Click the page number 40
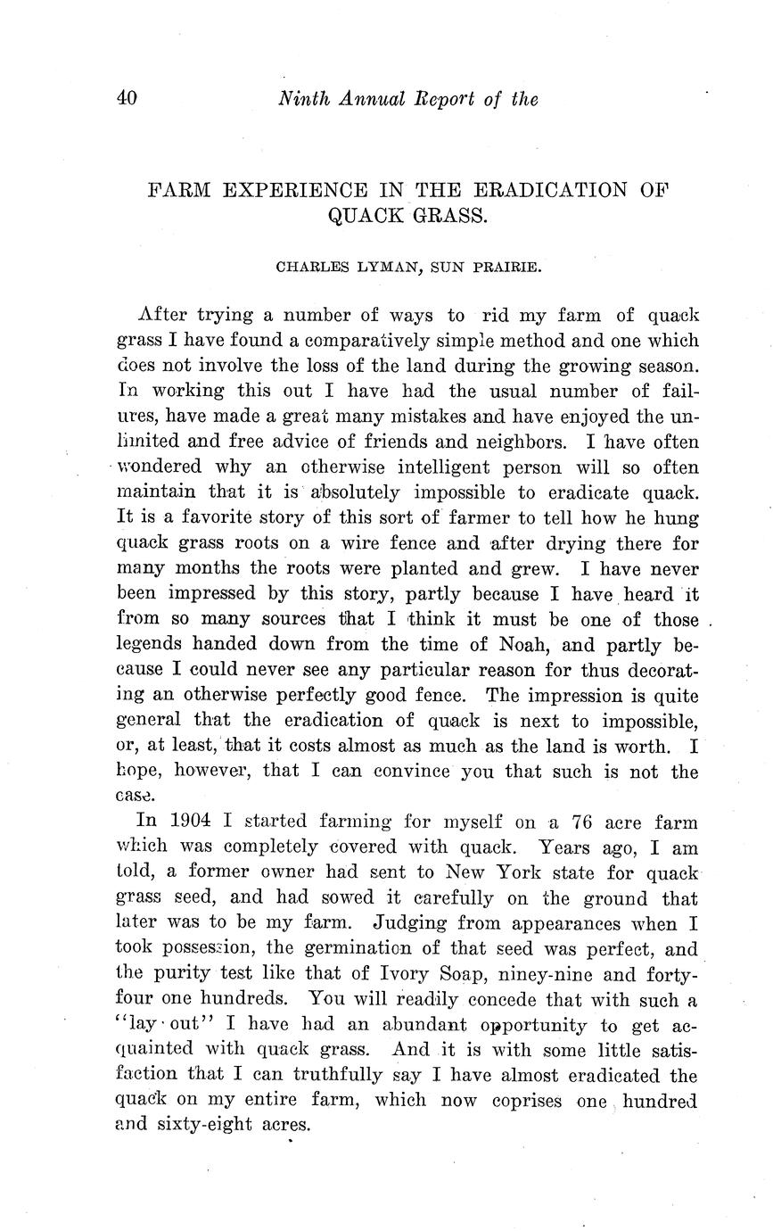coord(126,98)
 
